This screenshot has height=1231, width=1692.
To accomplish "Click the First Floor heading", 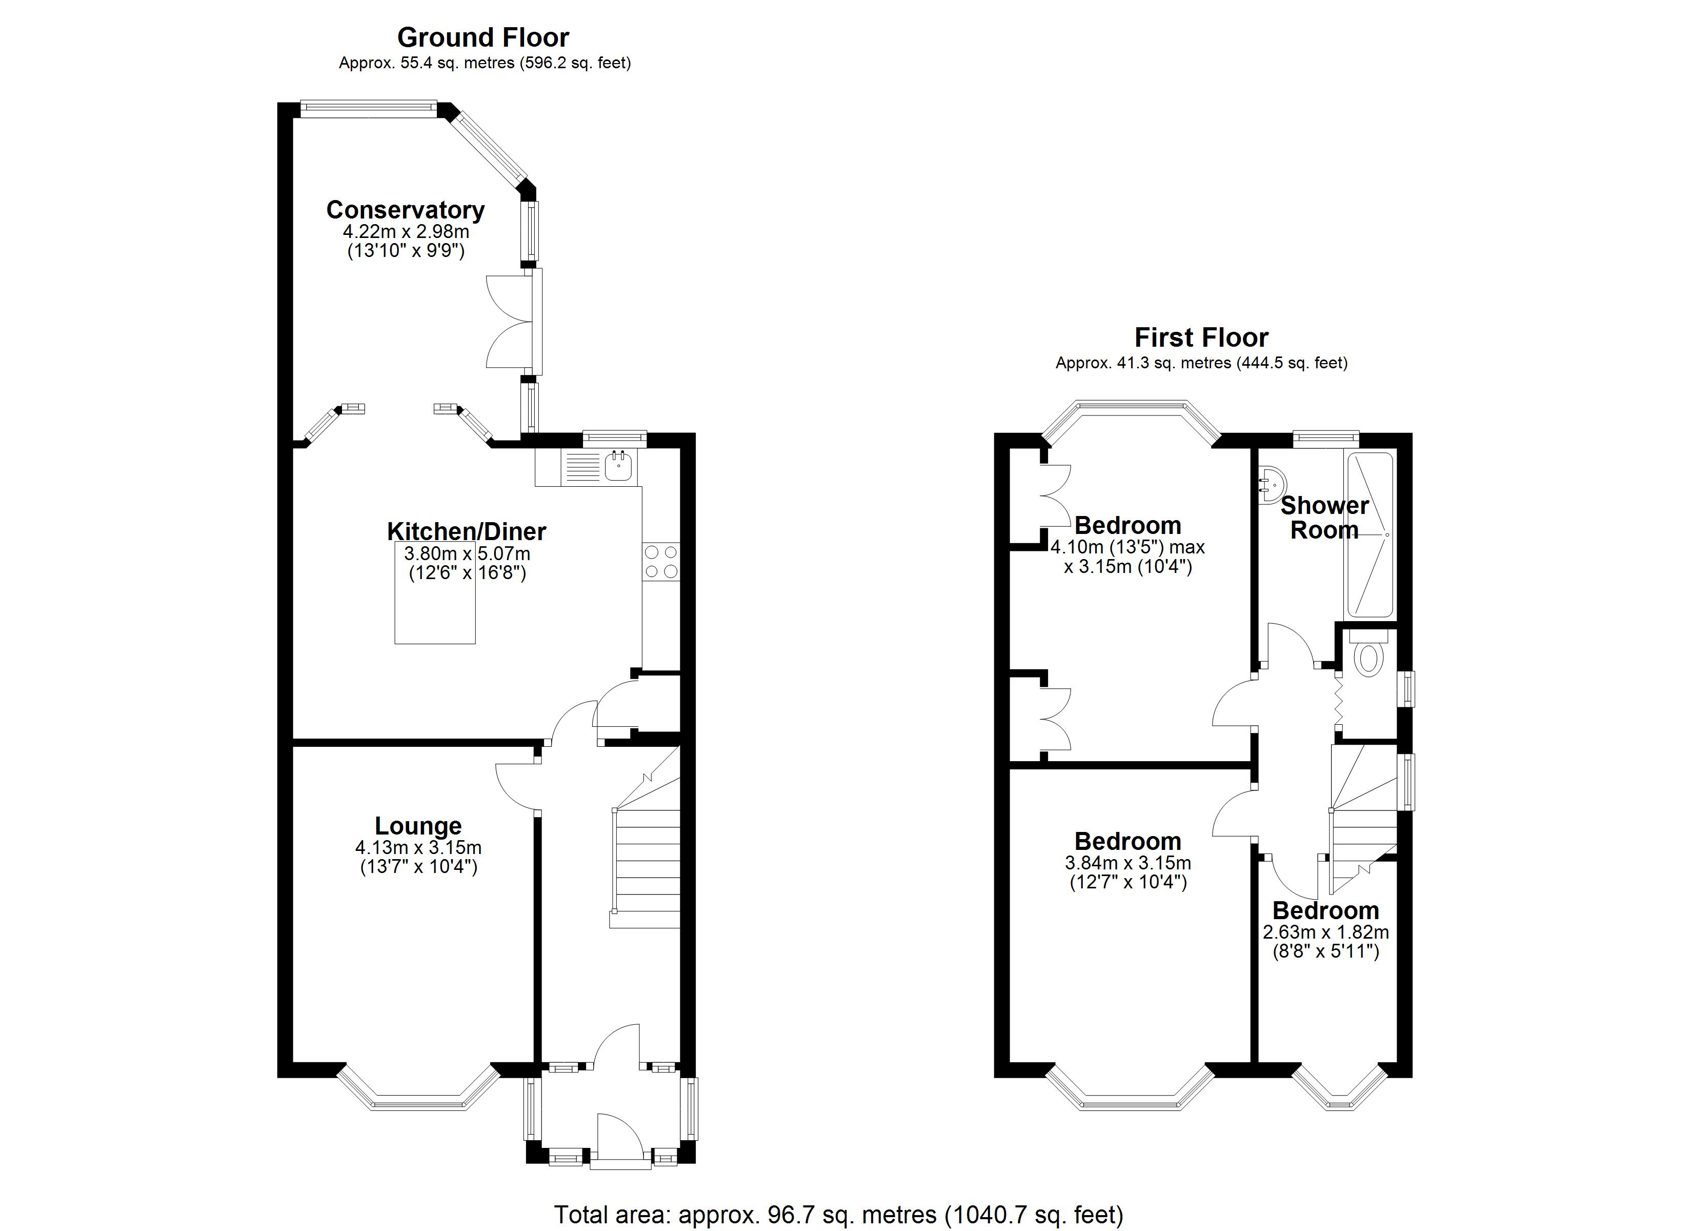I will point(1201,337).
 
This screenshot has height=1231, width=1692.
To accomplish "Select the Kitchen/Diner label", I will point(466,531).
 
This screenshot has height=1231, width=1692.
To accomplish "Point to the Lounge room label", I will point(418,826).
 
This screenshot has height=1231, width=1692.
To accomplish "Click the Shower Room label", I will point(1324,518).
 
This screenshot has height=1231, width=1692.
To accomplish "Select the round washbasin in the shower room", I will point(1269,484).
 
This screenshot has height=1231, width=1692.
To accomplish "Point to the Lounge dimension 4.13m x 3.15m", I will point(418,848).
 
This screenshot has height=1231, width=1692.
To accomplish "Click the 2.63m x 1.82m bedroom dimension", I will point(1326,932).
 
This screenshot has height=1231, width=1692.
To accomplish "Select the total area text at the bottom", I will point(838,1215).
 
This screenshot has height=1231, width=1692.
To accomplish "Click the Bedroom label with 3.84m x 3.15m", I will point(1127,841).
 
